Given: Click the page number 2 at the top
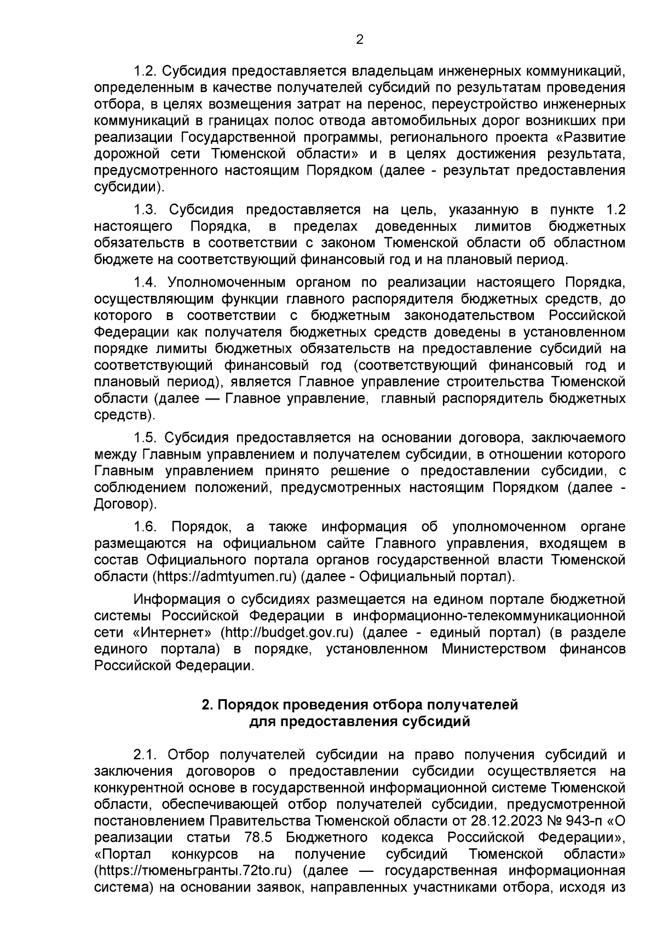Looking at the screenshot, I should pyautogui.click(x=360, y=39).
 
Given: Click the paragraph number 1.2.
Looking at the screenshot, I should pyautogui.click(x=146, y=71).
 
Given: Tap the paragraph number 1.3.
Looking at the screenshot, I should pyautogui.click(x=146, y=210).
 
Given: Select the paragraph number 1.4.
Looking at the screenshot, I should pyautogui.click(x=146, y=282).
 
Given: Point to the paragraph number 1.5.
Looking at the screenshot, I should pyautogui.click(x=146, y=437).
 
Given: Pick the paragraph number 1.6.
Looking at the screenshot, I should pyautogui.click(x=146, y=527).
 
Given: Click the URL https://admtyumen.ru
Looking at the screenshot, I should pyautogui.click(x=224, y=577).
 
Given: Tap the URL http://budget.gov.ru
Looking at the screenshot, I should pyautogui.click(x=285, y=632).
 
